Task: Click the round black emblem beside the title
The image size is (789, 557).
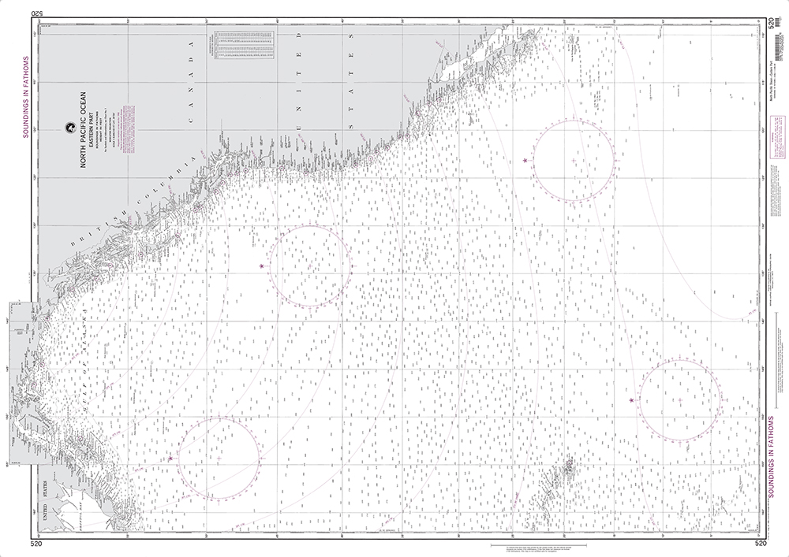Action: pyautogui.click(x=69, y=126)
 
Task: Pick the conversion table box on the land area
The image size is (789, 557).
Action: pyautogui.click(x=242, y=44)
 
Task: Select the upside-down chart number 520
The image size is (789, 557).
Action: pyautogui.click(x=36, y=13)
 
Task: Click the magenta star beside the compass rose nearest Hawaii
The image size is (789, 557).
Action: pyautogui.click(x=632, y=400)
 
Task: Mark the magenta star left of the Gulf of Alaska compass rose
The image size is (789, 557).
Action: pyautogui.click(x=170, y=458)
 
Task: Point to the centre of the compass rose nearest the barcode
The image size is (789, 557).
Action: pyautogui.click(x=574, y=160)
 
